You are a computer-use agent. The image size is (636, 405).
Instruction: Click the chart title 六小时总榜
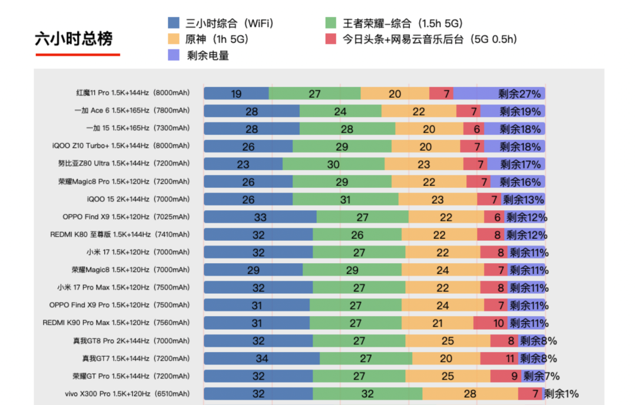(74, 39)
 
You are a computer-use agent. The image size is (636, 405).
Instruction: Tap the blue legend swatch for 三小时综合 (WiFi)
(174, 24)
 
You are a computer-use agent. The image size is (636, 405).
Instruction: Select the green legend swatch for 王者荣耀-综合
(331, 24)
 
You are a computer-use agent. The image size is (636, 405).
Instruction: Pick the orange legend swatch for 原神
(174, 39)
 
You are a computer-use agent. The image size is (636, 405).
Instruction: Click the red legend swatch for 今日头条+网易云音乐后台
(331, 39)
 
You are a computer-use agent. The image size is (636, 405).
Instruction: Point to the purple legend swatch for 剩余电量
(174, 55)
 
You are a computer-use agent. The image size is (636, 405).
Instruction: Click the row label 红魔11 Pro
(132, 94)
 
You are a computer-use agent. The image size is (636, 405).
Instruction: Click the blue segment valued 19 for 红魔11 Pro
(236, 94)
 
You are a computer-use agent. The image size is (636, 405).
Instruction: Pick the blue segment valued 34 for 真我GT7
(261, 358)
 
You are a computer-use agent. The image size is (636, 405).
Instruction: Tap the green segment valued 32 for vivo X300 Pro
(367, 394)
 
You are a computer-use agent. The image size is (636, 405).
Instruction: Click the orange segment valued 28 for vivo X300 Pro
(470, 394)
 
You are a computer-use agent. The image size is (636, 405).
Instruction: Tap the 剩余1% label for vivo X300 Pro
(561, 394)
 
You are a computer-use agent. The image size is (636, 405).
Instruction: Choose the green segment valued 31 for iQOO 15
(345, 200)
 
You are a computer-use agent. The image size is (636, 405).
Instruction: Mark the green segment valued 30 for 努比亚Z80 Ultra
(333, 164)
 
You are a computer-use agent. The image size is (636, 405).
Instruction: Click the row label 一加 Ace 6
(132, 111)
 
